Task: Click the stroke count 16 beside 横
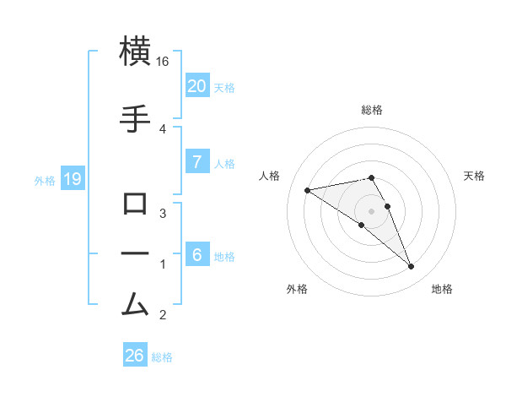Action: [x=163, y=62]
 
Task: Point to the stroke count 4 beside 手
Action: [x=163, y=128]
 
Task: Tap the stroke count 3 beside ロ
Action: [x=163, y=213]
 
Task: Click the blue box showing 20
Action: [x=196, y=86]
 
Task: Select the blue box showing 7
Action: [x=196, y=162]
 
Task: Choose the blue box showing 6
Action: [x=196, y=255]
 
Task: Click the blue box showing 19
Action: [x=72, y=179]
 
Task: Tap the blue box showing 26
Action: [x=135, y=356]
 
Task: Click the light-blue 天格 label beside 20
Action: [x=224, y=87]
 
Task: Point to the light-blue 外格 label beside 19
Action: [x=45, y=180]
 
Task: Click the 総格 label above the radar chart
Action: [x=372, y=110]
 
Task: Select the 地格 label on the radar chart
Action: [x=442, y=289]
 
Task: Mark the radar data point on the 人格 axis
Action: [x=307, y=189]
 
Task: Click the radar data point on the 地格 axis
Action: [x=411, y=267]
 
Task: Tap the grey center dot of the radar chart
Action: [x=372, y=211]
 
